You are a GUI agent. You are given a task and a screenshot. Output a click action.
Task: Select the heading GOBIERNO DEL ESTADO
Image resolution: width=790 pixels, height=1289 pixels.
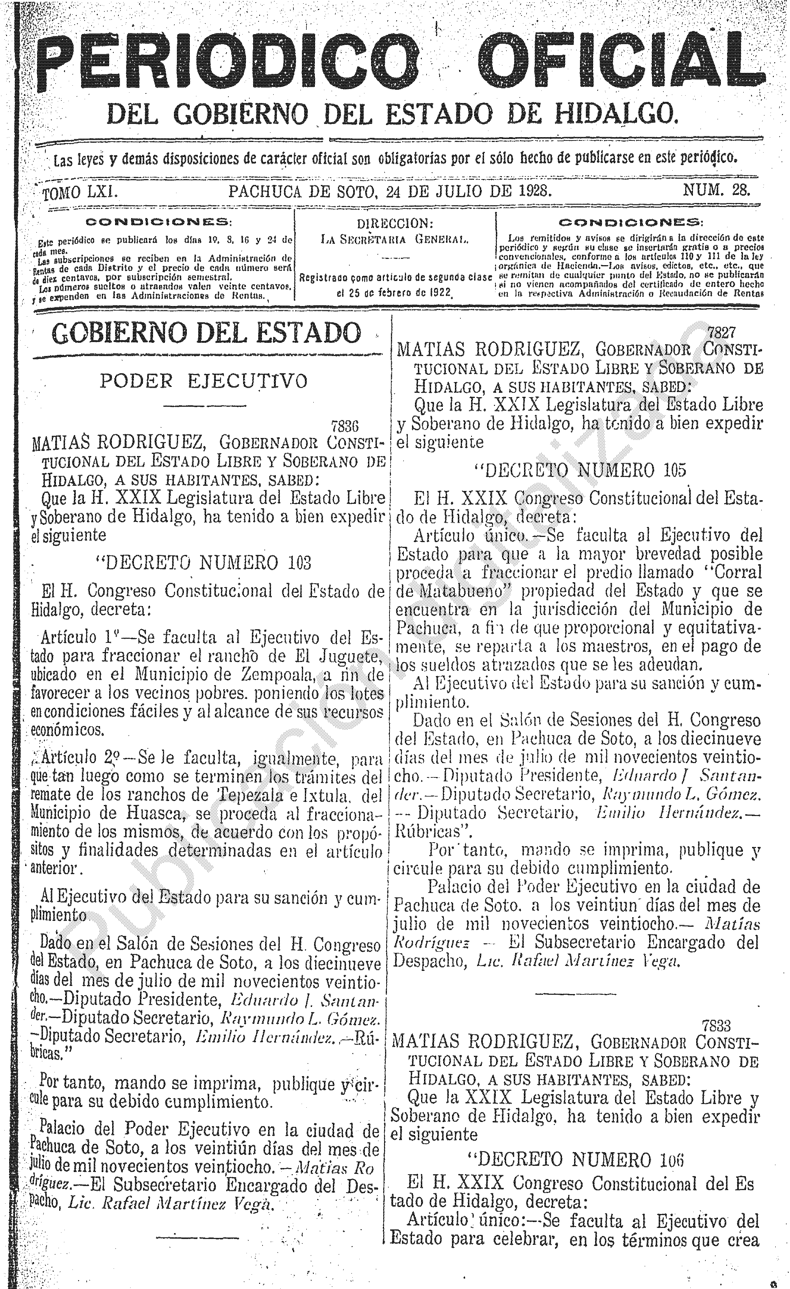coord(208,333)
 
